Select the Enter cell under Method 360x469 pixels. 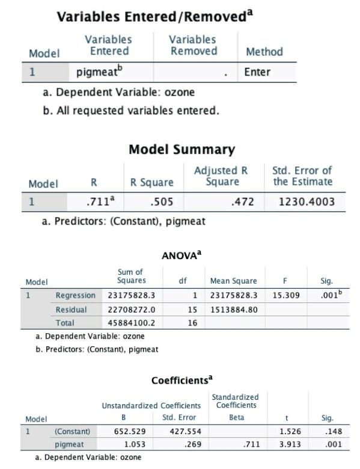point(257,72)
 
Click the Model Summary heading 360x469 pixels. point(182,149)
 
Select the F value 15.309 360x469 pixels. point(286,295)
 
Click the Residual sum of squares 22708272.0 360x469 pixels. point(132,309)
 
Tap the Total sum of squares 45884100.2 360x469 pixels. point(132,323)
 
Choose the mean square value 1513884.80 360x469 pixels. point(234,309)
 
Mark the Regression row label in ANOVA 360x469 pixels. point(75,295)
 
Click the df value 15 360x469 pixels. point(192,309)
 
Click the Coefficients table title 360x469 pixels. point(182,380)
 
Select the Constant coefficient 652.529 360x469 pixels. point(129,431)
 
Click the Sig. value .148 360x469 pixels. point(332,431)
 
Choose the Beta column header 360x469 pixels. point(237,417)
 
